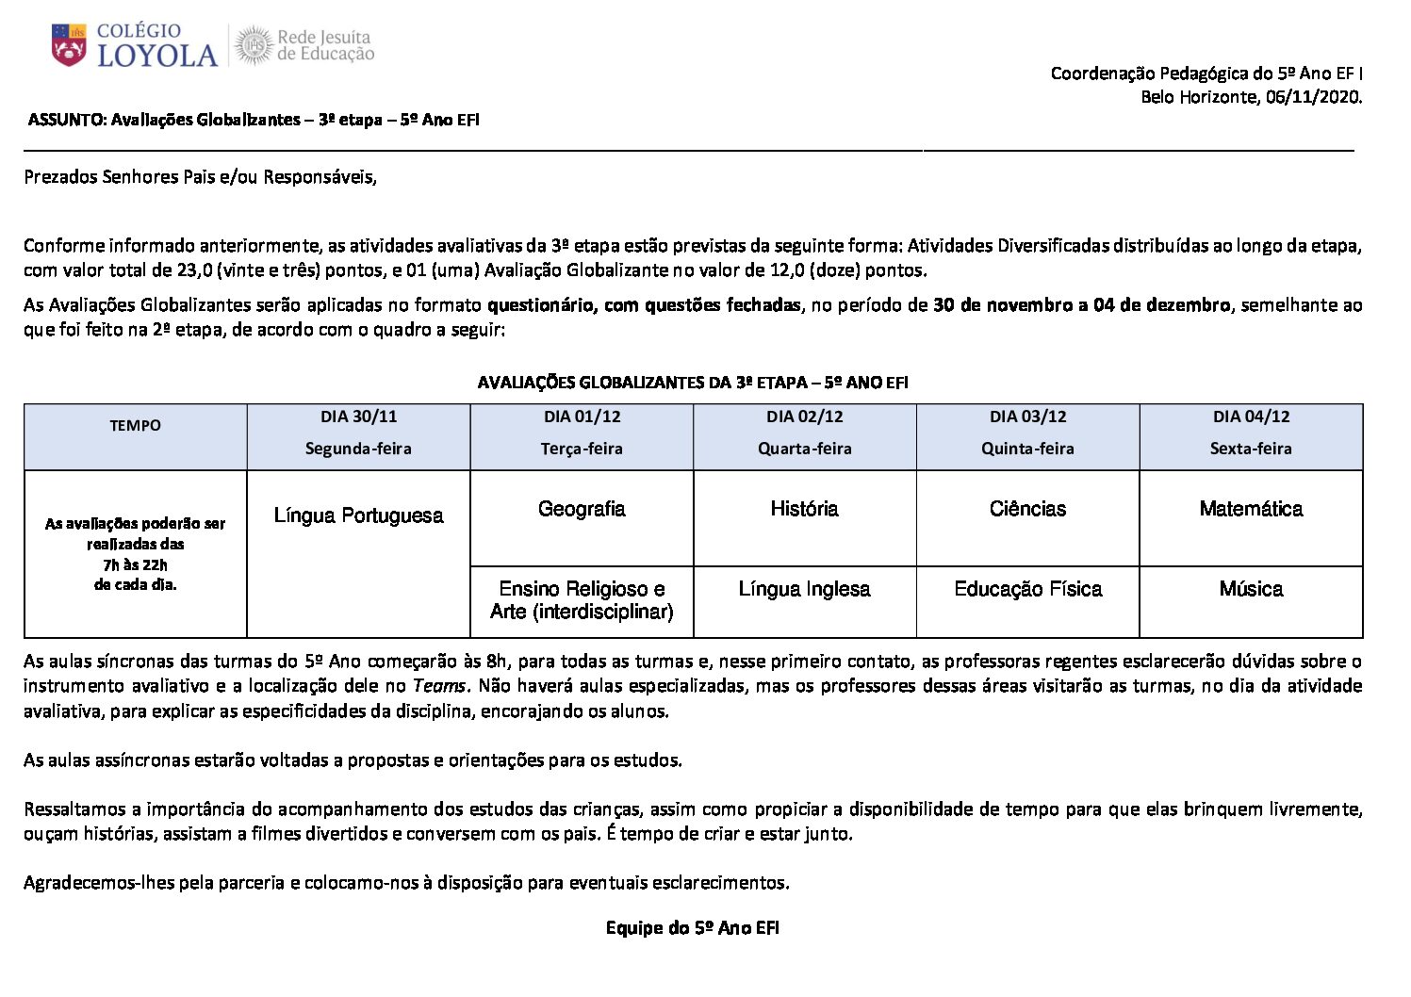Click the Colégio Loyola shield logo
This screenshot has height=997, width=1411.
tap(69, 45)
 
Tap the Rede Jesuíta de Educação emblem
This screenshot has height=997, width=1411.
tap(253, 45)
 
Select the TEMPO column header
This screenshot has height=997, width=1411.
tap(135, 426)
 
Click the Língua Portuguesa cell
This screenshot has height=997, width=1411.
tap(358, 515)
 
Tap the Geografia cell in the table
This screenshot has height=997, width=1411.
tap(582, 509)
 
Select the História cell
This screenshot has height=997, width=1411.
tap(804, 509)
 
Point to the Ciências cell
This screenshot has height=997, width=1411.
tap(1027, 509)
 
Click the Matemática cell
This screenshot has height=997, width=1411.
tap(1251, 509)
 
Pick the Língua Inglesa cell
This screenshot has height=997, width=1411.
tap(804, 589)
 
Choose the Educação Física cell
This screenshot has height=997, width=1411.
tap(1027, 589)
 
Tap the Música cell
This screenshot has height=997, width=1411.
tap(1251, 589)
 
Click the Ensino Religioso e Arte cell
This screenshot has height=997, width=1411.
tap(582, 600)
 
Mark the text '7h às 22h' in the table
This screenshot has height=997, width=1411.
tap(135, 564)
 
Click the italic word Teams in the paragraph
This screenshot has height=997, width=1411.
tap(438, 686)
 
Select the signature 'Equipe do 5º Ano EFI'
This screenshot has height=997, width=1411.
tap(692, 928)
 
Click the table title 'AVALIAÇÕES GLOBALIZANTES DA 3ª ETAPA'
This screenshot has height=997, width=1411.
tap(692, 383)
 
